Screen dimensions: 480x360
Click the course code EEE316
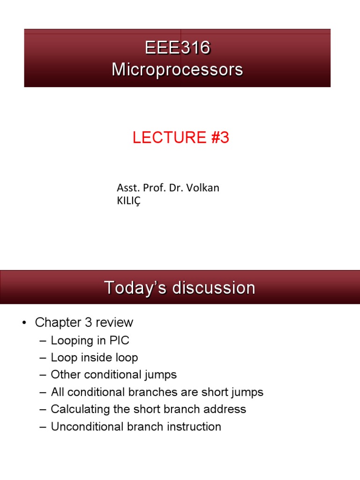(177, 48)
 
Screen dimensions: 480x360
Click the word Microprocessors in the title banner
(177, 69)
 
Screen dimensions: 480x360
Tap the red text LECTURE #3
(180, 138)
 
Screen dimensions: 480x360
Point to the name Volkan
(203, 188)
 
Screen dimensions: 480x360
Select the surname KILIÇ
(129, 201)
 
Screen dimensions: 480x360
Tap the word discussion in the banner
(214, 287)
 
